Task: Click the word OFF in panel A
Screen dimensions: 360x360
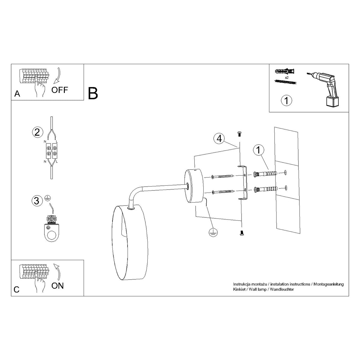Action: (x=60, y=89)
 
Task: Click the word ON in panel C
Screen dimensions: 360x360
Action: (x=57, y=286)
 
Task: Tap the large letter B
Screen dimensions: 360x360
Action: (x=93, y=93)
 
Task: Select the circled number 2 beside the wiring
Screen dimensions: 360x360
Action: (x=37, y=132)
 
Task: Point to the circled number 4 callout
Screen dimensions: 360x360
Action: (x=219, y=139)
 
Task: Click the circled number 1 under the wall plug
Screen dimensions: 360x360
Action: (x=286, y=100)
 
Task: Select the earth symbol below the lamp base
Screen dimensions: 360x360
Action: (x=213, y=232)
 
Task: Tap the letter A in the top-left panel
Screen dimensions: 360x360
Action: (x=17, y=94)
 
